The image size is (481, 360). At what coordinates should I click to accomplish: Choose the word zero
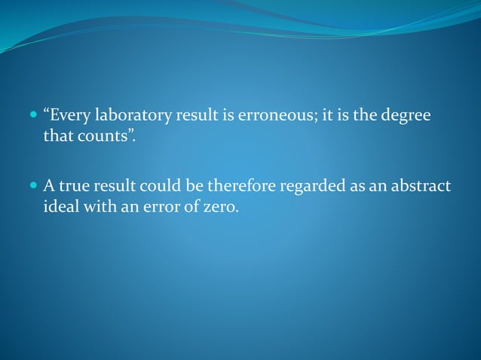pos(219,206)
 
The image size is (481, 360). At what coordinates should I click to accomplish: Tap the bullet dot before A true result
pos(32,185)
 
